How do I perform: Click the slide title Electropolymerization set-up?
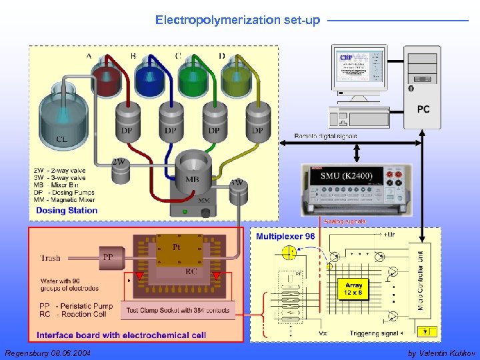click(x=237, y=20)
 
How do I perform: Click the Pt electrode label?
click(x=177, y=247)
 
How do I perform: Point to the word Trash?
click(x=50, y=258)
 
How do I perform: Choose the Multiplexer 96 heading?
click(x=285, y=237)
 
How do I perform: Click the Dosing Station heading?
click(x=67, y=211)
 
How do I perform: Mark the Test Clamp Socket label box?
click(x=178, y=310)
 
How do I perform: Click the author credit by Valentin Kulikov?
click(x=441, y=352)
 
